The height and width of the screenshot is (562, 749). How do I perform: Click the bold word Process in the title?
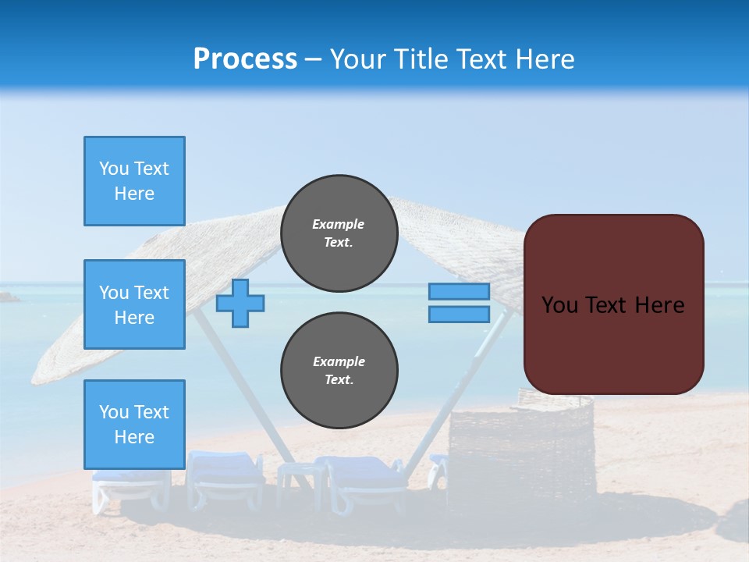pos(245,59)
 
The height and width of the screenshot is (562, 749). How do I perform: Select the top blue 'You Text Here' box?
pos(134,181)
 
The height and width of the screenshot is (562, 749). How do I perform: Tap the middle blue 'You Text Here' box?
pos(134,304)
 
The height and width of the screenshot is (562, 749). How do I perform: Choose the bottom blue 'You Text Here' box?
pos(134,425)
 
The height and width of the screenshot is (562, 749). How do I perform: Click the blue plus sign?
pos(240,303)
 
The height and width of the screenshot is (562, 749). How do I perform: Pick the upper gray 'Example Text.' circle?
pos(339,233)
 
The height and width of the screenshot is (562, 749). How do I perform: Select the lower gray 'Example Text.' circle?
pos(339,371)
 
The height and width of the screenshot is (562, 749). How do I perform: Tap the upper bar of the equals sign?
pos(459,291)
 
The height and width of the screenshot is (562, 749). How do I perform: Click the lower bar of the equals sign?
pos(459,314)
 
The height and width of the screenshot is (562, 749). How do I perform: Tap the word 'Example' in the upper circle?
pos(339,224)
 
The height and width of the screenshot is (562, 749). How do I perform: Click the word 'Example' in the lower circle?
pos(339,361)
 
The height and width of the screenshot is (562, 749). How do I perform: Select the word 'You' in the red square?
pos(559,305)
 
